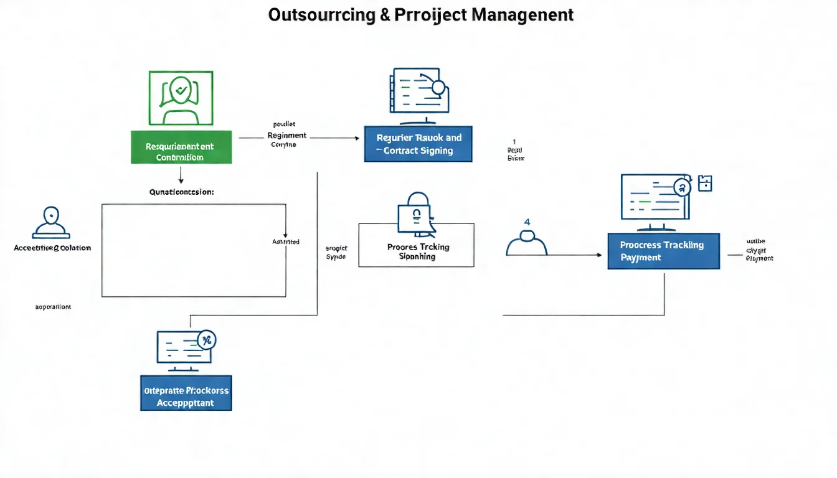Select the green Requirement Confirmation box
coord(181,148)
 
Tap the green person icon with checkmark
coord(181,98)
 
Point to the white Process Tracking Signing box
coord(416,245)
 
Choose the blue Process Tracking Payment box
coord(663,251)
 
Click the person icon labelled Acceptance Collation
coord(50,222)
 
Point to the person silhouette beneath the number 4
coord(527,243)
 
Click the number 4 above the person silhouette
coord(527,222)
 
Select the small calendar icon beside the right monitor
coord(705,183)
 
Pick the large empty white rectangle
coord(193,250)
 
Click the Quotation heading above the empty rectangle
coord(181,192)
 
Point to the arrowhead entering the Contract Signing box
coord(357,138)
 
